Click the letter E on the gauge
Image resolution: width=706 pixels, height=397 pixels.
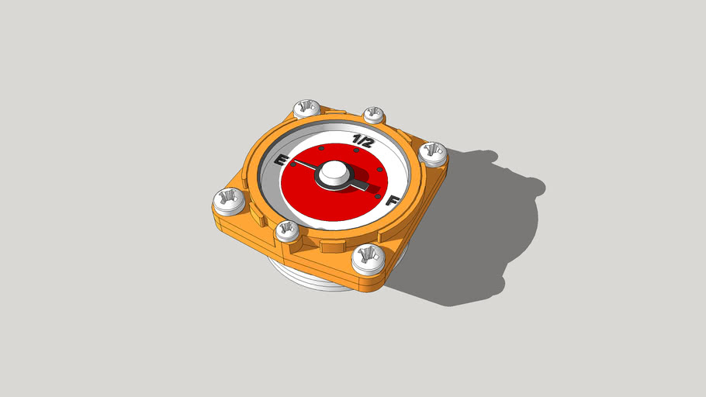coord(283,161)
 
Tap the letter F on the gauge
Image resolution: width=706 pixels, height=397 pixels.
coord(393,202)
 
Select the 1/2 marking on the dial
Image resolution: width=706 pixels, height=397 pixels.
coord(362,140)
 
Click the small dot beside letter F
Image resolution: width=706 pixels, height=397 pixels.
coord(378,197)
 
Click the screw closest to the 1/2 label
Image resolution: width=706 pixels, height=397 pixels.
coord(375,115)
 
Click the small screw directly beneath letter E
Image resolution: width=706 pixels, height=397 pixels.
coord(287,230)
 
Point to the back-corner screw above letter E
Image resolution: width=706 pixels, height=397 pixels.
coord(306,109)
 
